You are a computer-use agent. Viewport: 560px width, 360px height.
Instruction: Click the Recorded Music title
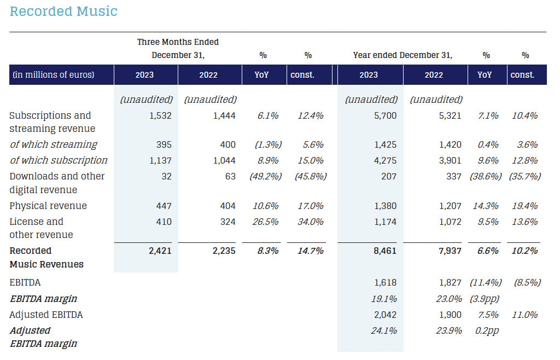(x=63, y=11)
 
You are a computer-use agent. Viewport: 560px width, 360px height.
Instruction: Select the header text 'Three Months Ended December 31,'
(x=178, y=49)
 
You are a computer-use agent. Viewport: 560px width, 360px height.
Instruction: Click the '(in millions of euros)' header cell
(x=53, y=75)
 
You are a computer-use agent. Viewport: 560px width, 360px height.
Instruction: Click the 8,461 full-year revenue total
(x=383, y=251)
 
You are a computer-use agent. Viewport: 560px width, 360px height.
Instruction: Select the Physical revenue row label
(x=48, y=206)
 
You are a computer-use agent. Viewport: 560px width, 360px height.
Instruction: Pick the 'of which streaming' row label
(x=53, y=144)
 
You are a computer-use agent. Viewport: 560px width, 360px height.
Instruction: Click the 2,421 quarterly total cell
(x=159, y=251)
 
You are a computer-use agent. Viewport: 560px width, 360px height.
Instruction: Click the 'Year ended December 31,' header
(x=402, y=55)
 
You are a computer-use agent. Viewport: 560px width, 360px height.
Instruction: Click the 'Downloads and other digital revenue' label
(x=57, y=183)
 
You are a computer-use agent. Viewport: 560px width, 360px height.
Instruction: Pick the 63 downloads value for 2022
(x=230, y=176)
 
